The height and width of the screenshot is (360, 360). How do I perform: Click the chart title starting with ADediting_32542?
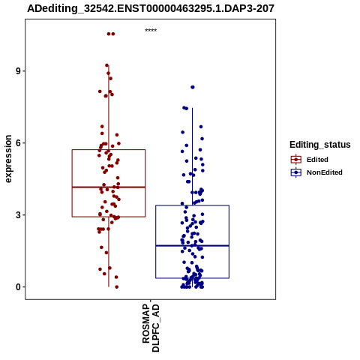(151, 8)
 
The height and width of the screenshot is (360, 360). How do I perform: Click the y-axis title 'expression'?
(8, 159)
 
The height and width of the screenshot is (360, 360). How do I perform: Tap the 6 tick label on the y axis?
(18, 143)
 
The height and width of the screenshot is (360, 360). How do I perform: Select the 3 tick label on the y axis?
(18, 215)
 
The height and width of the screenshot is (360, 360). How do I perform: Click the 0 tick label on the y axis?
(18, 287)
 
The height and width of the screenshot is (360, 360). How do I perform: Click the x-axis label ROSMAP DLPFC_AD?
(151, 328)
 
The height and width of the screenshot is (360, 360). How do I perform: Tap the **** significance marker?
(151, 31)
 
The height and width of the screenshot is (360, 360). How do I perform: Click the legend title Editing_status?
(320, 145)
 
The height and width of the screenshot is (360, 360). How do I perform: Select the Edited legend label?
(317, 160)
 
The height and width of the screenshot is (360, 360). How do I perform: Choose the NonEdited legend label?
(325, 172)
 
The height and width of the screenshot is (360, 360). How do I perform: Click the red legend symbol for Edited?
(296, 160)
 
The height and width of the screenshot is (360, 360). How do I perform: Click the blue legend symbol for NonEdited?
(296, 172)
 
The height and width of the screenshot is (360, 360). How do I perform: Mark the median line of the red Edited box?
(109, 187)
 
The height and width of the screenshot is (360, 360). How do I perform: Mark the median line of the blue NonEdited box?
(192, 246)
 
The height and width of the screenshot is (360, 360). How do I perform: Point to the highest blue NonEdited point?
(193, 87)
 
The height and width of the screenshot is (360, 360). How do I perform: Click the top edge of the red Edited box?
(109, 150)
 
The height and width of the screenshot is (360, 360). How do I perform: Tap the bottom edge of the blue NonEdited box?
(192, 278)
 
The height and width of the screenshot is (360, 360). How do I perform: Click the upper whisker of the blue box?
(192, 157)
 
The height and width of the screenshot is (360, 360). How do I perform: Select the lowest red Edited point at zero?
(116, 287)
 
